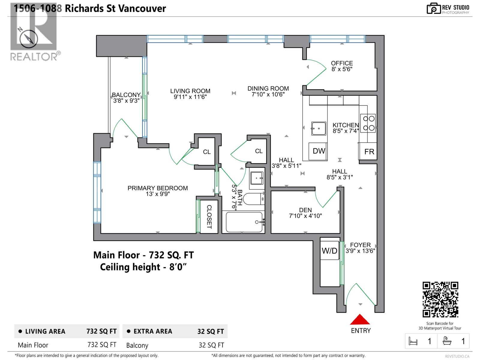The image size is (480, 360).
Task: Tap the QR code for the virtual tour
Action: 440,300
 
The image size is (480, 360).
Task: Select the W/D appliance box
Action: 330,250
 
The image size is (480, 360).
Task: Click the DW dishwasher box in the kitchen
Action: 319,151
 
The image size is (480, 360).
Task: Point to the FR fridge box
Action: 369,151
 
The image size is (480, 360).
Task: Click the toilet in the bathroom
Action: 253,199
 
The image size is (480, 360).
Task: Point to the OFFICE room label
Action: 342,63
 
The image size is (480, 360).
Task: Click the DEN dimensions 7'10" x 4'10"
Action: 305,216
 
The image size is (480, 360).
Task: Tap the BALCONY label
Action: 126,95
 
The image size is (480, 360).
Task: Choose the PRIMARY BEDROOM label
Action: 157,188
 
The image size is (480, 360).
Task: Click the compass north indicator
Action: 28,39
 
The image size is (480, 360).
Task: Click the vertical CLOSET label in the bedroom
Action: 209,217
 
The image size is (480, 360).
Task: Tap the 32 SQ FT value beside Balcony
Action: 211,345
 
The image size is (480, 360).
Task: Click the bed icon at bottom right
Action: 413,341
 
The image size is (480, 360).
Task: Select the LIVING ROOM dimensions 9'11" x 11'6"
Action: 190,97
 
